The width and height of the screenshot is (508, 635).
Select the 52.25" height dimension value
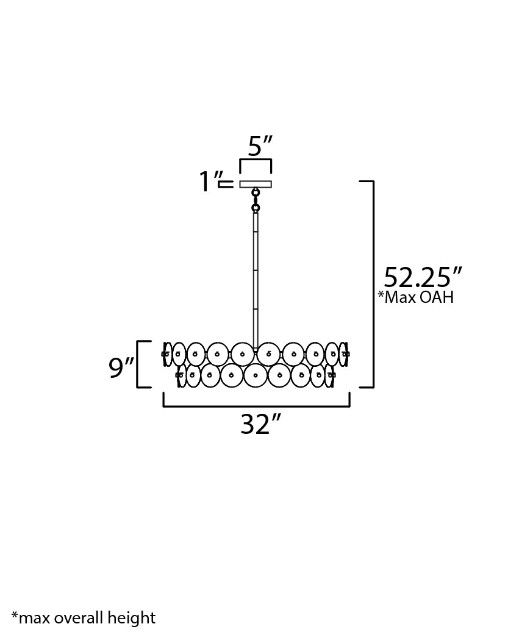[x=423, y=277]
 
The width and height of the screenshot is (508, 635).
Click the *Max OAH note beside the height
[x=415, y=297]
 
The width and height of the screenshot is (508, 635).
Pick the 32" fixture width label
[x=260, y=424]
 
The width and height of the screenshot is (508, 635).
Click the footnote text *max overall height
[x=84, y=617]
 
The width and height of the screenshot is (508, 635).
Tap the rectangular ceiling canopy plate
[x=256, y=184]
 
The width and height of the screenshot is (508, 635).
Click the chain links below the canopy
[x=256, y=200]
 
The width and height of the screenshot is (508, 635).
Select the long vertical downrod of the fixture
[x=256, y=280]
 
